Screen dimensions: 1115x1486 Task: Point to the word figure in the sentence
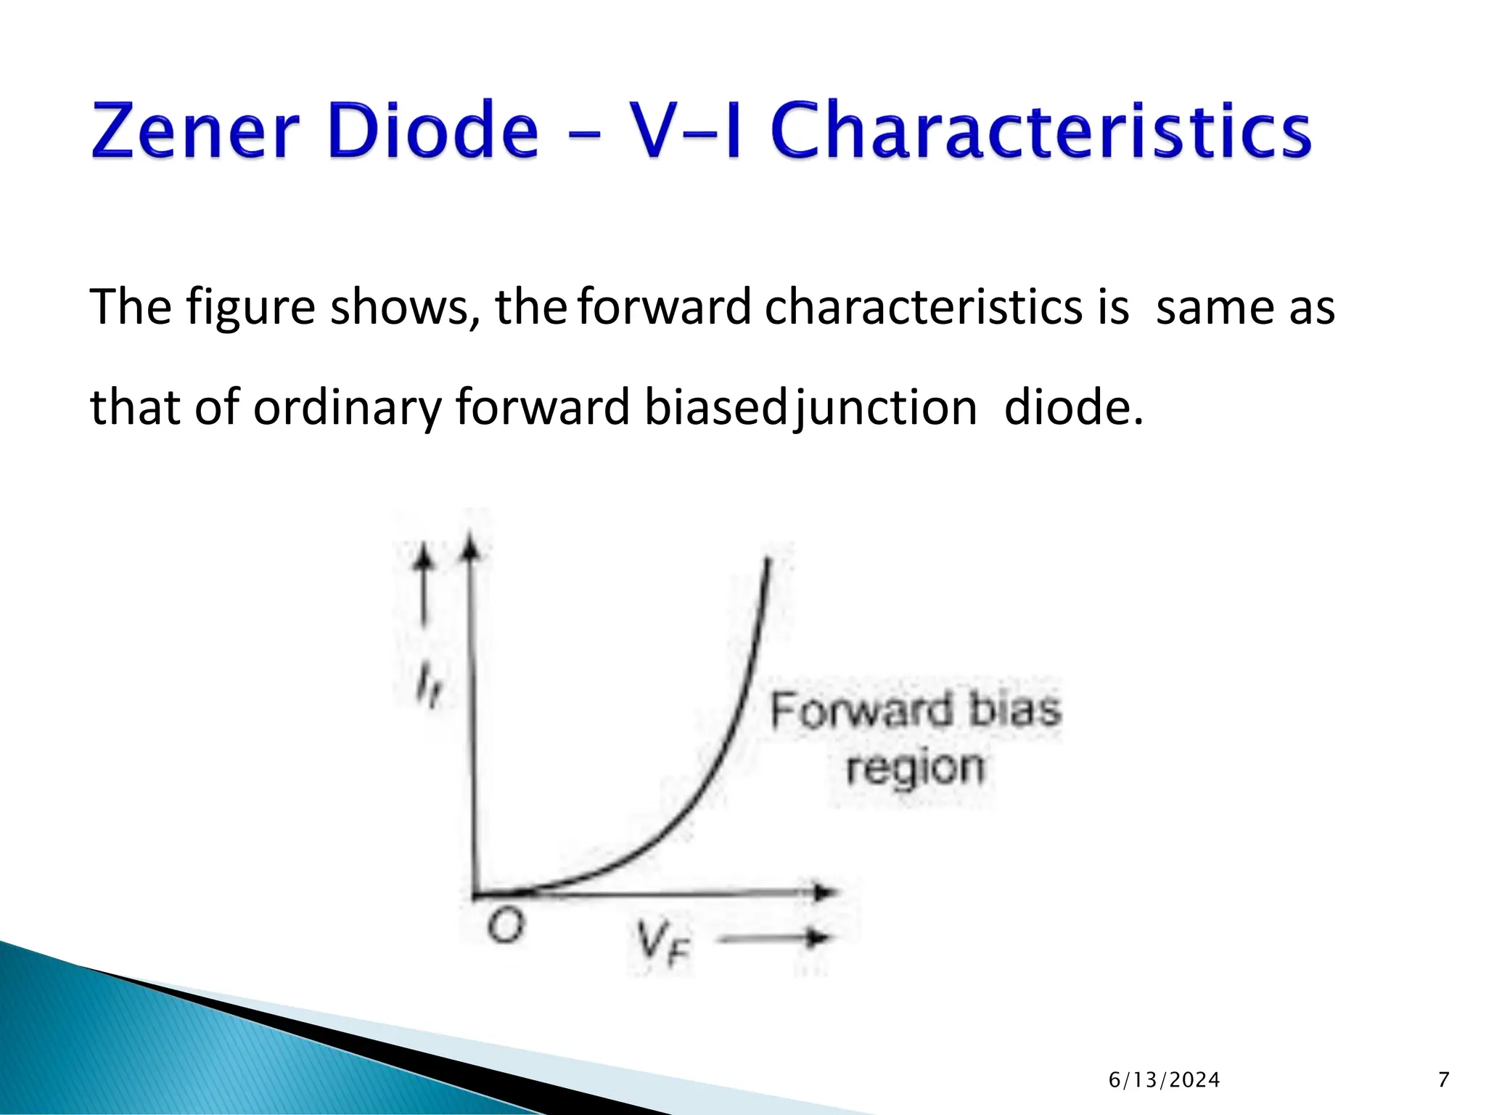[251, 309]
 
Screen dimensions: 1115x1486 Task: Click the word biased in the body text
[715, 407]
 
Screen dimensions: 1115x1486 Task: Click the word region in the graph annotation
[916, 767]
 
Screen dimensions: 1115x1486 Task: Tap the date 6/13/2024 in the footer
[1164, 1081]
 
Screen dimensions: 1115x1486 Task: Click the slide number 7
[1443, 1080]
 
